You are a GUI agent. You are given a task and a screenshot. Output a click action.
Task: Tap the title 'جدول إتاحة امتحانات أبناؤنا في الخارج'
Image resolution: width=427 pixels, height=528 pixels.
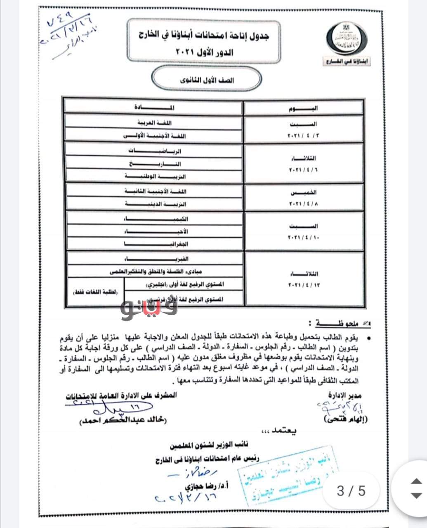click(204, 36)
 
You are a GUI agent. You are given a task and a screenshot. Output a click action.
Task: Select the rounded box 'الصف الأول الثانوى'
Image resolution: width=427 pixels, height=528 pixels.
click(206, 80)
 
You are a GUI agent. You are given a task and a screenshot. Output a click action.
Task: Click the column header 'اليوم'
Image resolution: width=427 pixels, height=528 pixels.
click(304, 108)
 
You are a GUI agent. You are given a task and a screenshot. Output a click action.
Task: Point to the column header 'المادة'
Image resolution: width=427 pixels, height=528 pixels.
click(153, 108)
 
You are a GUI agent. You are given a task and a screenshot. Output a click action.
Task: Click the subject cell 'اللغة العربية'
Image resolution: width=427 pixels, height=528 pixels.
click(154, 123)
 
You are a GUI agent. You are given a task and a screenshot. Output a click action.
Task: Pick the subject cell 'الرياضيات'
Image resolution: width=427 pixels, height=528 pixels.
click(154, 151)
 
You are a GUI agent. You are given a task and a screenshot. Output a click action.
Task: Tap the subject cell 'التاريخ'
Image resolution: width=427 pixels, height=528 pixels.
click(154, 164)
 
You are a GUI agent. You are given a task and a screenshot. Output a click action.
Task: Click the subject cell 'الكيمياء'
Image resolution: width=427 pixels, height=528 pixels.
click(154, 219)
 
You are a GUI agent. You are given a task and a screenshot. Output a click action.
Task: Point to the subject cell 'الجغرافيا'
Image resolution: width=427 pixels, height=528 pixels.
click(154, 244)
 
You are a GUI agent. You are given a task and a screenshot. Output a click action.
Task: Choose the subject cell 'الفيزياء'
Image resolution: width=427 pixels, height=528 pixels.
click(154, 259)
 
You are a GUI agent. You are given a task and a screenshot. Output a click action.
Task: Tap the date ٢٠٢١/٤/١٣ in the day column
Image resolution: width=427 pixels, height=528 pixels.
click(304, 285)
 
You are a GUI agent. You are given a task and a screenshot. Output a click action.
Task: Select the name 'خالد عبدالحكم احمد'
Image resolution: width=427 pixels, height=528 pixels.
click(119, 421)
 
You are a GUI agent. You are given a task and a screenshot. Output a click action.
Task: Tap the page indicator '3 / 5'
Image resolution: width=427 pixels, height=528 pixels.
click(351, 491)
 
